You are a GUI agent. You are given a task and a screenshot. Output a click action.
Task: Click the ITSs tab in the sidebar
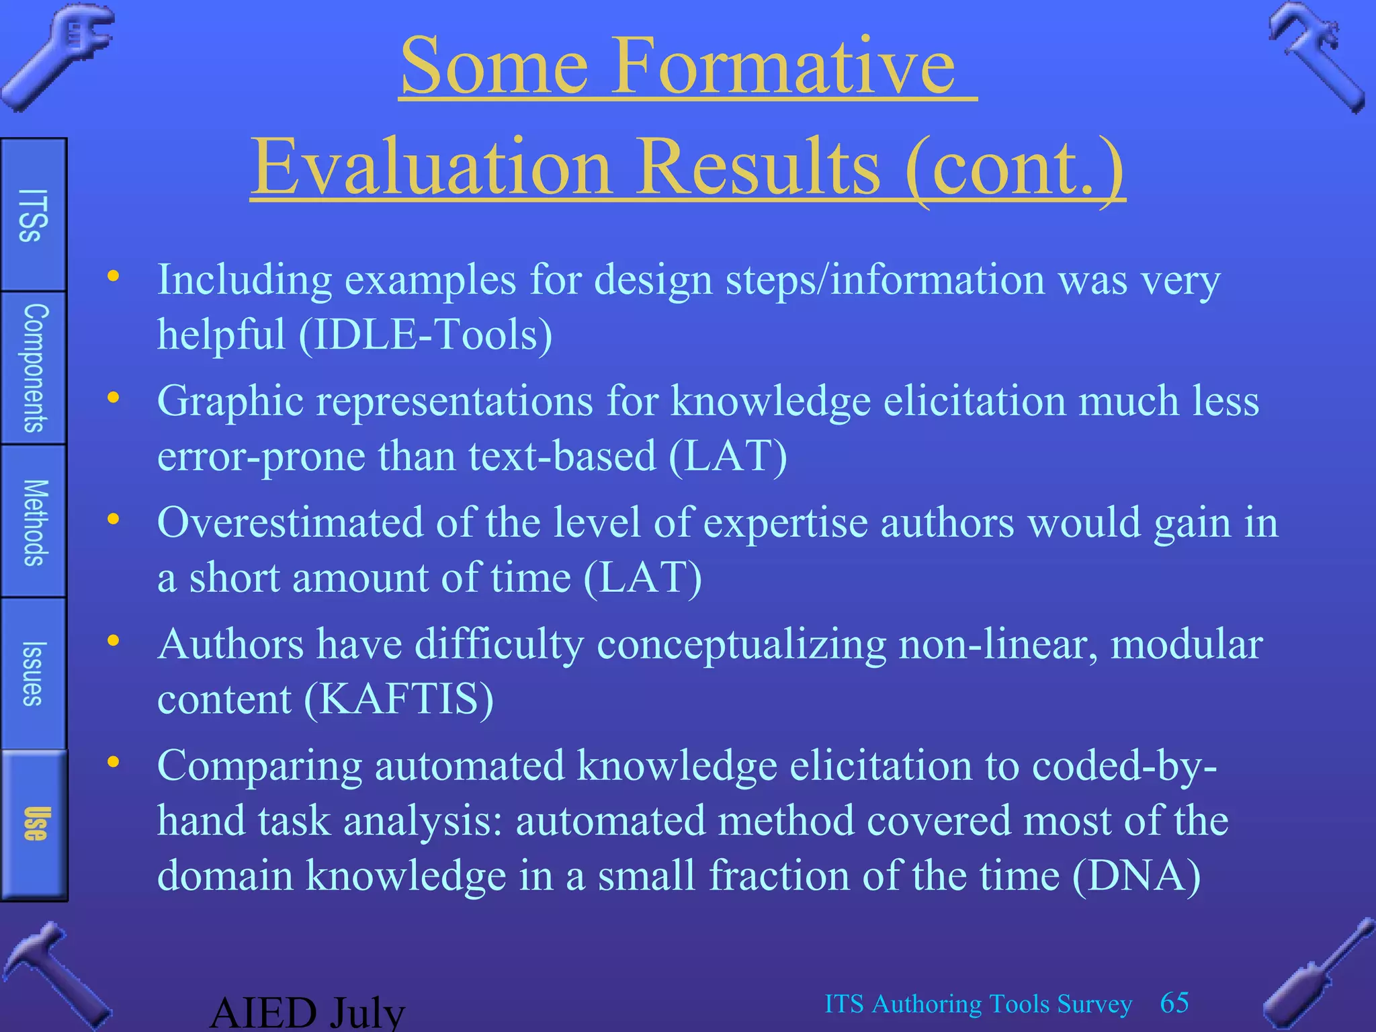[x=33, y=215]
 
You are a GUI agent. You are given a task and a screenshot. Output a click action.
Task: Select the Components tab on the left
[x=34, y=368]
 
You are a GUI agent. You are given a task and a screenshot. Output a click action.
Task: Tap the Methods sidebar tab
[x=34, y=521]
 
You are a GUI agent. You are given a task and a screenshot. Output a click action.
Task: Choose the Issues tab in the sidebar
[x=33, y=673]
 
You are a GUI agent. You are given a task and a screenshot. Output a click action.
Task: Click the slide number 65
[x=1174, y=1002]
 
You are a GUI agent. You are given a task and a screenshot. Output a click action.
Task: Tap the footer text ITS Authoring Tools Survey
[x=978, y=1004]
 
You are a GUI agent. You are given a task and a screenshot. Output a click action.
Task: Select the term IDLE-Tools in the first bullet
[x=425, y=334]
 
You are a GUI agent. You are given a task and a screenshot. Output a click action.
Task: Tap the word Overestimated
[x=290, y=522]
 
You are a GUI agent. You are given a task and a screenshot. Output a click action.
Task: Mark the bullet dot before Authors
[x=114, y=640]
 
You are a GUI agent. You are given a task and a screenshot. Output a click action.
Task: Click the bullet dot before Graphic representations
[x=114, y=397]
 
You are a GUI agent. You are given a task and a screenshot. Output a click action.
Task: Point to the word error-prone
[x=261, y=456]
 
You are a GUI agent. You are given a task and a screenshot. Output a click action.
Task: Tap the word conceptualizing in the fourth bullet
[x=741, y=644]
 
